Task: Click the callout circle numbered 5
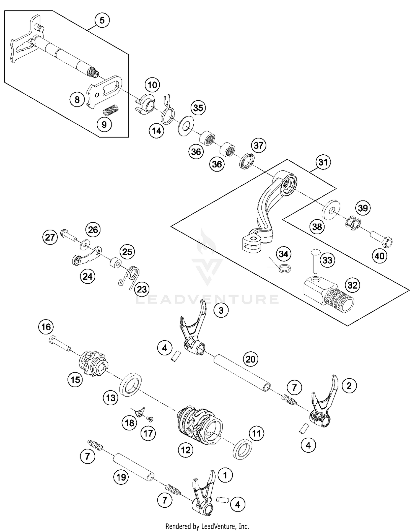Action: click(x=102, y=20)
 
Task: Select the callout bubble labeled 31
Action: click(x=323, y=162)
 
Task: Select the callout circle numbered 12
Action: click(x=186, y=450)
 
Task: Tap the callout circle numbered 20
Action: click(x=251, y=359)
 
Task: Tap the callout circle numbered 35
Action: click(x=198, y=108)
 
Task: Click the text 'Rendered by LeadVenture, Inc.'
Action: click(x=207, y=526)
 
